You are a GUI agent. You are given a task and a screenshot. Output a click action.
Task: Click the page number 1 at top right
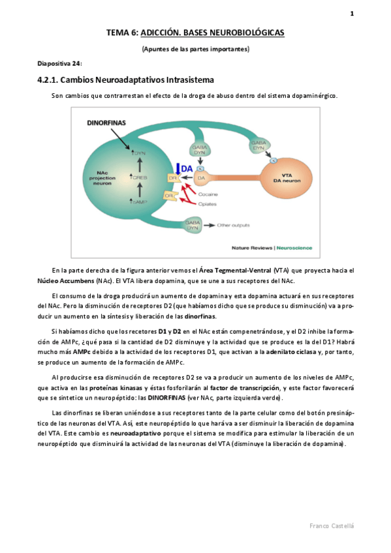pos(351,12)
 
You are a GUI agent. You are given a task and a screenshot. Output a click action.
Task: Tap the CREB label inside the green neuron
pos(140,177)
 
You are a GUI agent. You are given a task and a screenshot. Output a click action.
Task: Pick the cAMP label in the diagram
pos(139,203)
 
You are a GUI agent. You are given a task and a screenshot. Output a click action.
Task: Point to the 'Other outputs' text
pos(232,225)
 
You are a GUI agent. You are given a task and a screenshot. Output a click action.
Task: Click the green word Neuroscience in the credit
pos(295,248)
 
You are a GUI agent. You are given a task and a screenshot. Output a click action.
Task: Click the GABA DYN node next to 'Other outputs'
pos(193,224)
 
